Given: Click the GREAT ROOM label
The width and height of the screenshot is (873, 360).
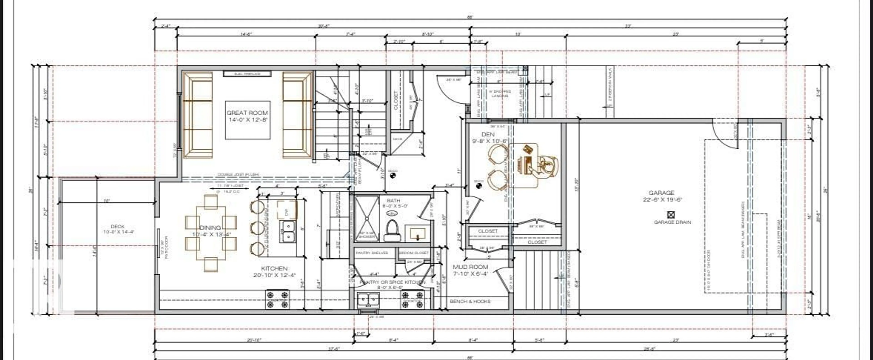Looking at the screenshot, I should [247, 113].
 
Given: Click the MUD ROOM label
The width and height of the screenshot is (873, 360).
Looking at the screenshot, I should [470, 267].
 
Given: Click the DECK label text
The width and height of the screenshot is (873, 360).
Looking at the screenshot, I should [118, 227].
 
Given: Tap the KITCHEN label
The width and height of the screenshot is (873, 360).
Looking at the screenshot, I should [274, 269].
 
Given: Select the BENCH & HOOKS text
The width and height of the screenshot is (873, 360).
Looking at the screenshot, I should [470, 301].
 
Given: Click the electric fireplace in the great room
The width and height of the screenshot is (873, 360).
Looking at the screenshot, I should [247, 73].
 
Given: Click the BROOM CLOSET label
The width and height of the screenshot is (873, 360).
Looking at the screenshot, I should [414, 253].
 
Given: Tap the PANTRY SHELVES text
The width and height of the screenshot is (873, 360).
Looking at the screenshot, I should [372, 253].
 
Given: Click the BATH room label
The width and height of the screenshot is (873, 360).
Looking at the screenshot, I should [393, 201].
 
